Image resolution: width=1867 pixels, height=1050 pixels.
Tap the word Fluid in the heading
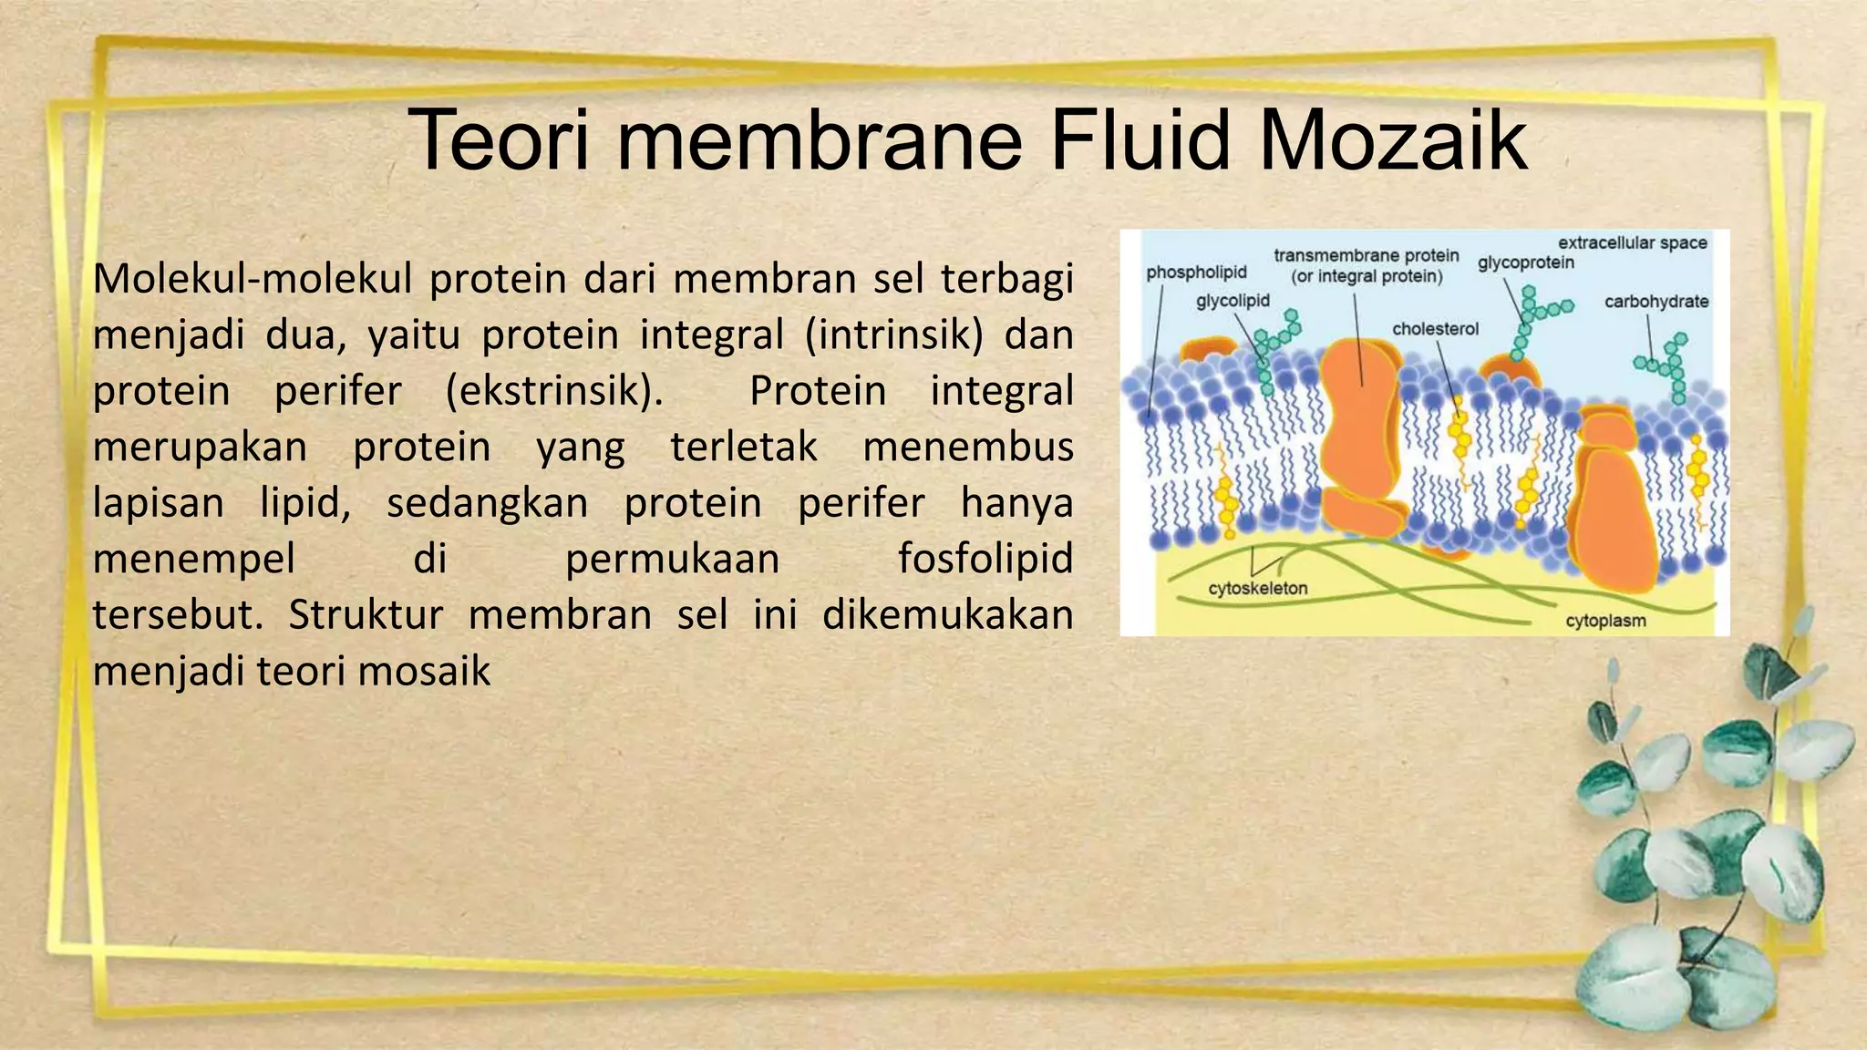click(1140, 140)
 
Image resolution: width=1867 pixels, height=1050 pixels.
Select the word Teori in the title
click(497, 140)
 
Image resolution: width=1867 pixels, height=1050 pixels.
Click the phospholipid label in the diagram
click(1196, 273)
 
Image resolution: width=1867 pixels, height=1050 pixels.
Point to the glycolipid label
click(1233, 301)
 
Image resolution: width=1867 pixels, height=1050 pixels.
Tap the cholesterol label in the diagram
click(1435, 329)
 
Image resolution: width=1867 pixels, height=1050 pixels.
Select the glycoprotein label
click(1526, 263)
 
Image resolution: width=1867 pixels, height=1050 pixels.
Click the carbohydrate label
click(1656, 302)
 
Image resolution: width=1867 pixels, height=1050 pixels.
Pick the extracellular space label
click(1632, 242)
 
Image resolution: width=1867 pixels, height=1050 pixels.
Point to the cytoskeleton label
click(1258, 589)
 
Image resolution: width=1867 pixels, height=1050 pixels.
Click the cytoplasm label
click(1605, 622)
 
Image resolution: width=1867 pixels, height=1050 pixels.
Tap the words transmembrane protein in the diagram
click(1366, 256)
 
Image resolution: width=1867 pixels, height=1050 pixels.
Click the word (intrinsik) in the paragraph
click(893, 335)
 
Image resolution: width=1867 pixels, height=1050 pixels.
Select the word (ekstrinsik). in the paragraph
click(554, 392)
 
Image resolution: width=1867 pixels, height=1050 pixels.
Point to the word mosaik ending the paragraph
click(424, 672)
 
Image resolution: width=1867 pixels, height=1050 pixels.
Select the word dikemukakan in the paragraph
click(947, 615)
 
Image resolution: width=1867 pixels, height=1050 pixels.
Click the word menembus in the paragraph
click(967, 448)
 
